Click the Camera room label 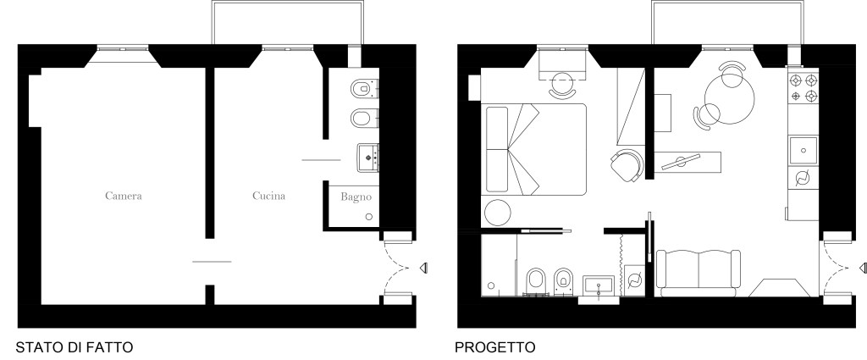point(124,196)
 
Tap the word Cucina point(268,196)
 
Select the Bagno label point(356,197)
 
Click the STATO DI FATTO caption point(75,347)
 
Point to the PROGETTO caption point(494,347)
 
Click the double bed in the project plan point(534,149)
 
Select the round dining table point(729,100)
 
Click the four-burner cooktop point(803,88)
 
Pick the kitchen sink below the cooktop point(803,151)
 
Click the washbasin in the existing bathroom point(368,158)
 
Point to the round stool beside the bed point(498,213)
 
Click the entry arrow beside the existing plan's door point(423,269)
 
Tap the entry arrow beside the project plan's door point(863,269)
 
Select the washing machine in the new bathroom point(635,280)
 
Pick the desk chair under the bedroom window point(562,86)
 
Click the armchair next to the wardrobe point(627,165)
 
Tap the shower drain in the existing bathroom point(369,217)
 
